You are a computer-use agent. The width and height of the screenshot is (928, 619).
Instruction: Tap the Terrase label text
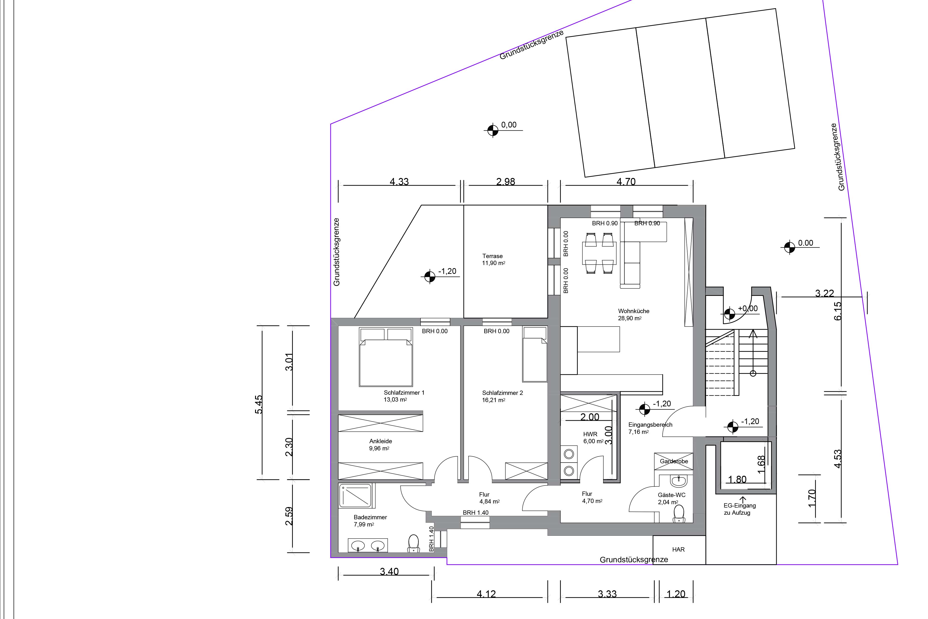[492, 256]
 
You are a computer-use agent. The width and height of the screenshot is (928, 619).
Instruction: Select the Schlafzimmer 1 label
[404, 392]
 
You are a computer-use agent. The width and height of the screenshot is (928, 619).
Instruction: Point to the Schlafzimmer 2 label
[502, 393]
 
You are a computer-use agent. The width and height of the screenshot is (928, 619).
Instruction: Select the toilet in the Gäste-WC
[679, 514]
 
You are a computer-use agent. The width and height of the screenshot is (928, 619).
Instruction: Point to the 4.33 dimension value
[399, 182]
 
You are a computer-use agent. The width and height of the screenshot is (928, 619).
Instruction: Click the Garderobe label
[674, 461]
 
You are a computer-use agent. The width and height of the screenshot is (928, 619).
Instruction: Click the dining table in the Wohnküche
[599, 253]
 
